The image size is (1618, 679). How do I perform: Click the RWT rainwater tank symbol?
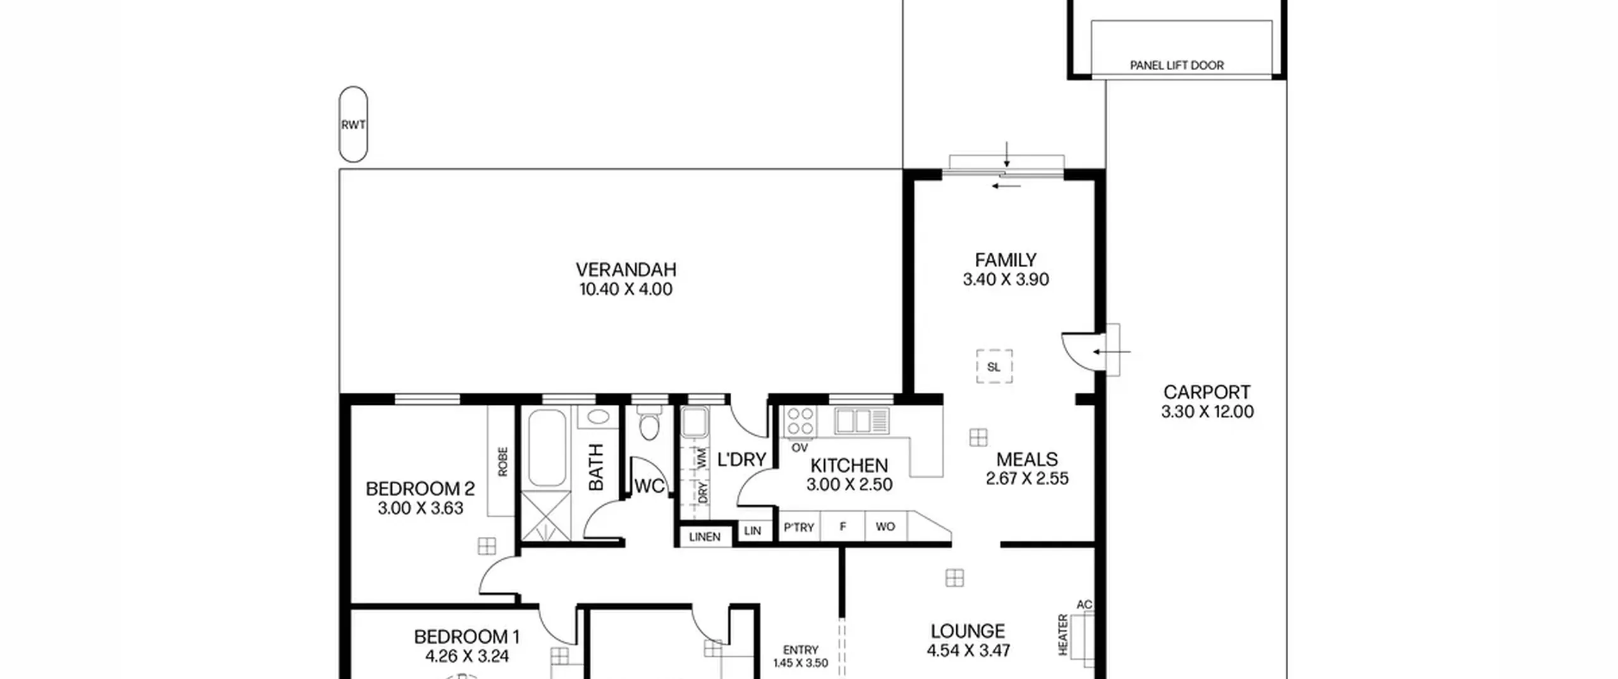tap(353, 124)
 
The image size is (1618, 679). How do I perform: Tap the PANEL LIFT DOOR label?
tap(1177, 65)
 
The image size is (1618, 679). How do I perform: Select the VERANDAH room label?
tap(626, 270)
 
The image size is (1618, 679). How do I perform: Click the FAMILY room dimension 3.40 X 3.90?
tap(1006, 279)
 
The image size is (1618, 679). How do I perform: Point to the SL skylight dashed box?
tap(994, 366)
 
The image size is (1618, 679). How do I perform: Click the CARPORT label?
tap(1207, 392)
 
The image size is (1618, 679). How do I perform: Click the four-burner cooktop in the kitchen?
tap(800, 421)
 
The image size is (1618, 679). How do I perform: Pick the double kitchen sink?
tap(861, 421)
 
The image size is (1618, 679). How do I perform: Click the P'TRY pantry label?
tap(799, 527)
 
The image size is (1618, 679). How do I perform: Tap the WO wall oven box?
tap(885, 526)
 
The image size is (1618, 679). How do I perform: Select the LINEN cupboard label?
tap(705, 537)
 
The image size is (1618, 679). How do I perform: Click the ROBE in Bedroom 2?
tap(501, 461)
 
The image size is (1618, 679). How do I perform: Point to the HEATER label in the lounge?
tap(1063, 634)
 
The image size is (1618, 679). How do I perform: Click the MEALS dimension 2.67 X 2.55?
tap(1027, 478)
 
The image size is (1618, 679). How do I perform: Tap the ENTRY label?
tap(801, 650)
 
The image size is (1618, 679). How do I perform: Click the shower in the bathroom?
tap(546, 516)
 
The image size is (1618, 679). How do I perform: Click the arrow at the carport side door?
tap(1112, 352)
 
